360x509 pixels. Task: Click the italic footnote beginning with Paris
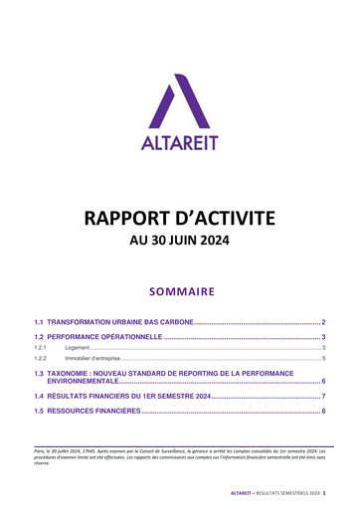(x=180, y=468)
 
